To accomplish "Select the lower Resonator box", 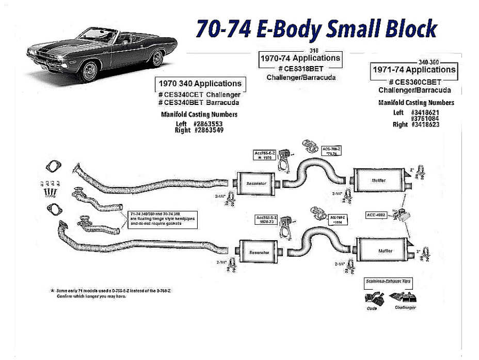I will tap(257, 253).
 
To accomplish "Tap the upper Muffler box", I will tap(378, 180).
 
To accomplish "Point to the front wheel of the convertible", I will tap(90, 71).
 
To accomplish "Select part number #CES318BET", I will tap(300, 69).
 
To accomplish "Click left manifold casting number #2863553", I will tap(208, 124).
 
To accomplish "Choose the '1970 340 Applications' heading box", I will tap(200, 84).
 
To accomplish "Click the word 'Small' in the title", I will tap(349, 29).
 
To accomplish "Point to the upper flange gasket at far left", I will tap(52, 167).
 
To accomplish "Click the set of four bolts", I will tap(50, 188).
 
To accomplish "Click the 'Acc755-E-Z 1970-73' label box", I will tap(267, 220).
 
